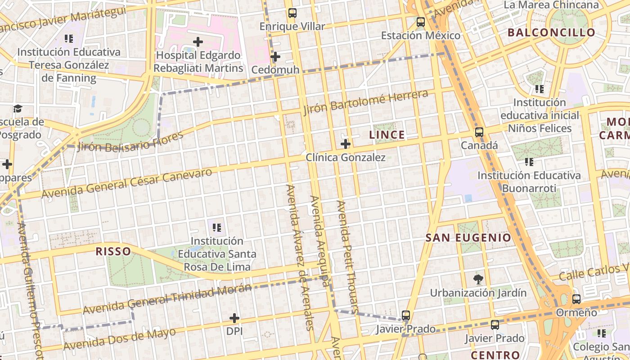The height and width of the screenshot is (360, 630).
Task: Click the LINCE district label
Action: click(387, 135)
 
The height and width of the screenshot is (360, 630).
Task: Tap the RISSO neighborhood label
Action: click(113, 251)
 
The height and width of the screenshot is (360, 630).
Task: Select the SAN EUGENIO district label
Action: click(468, 238)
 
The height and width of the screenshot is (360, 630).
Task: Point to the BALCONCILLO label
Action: click(551, 32)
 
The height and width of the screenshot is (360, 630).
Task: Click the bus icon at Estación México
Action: click(420, 22)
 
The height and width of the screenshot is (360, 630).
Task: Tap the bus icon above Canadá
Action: click(479, 132)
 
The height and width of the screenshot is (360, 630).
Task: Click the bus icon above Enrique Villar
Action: click(292, 13)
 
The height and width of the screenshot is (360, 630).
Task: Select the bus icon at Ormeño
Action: click(576, 299)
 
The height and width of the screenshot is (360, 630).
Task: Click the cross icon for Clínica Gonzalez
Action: click(346, 144)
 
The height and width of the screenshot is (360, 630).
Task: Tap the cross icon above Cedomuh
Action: click(275, 57)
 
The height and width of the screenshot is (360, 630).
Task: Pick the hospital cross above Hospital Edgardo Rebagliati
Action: click(198, 42)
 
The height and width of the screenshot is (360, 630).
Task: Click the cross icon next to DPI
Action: click(234, 318)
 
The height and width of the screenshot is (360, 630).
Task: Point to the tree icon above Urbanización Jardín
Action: click(478, 279)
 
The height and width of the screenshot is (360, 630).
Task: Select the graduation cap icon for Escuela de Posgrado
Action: click(18, 108)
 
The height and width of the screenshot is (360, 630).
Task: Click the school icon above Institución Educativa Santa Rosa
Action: click(217, 228)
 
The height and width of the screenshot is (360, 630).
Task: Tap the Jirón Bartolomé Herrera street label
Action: click(365, 102)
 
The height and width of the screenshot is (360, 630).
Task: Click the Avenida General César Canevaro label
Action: click(126, 184)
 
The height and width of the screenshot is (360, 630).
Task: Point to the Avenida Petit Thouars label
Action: click(347, 256)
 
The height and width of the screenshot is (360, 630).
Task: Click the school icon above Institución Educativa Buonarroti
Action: click(529, 162)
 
